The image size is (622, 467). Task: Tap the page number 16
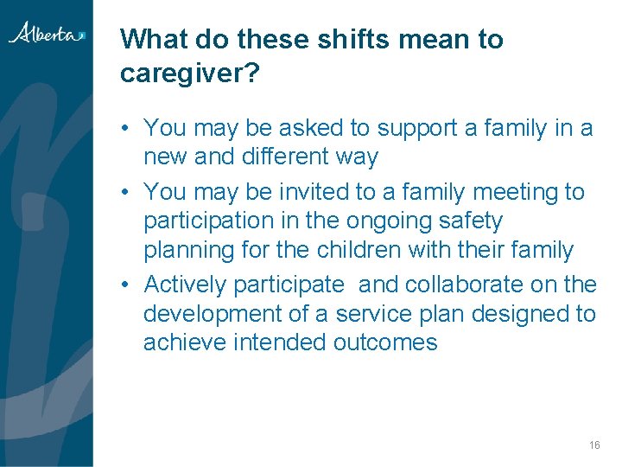pyautogui.click(x=593, y=445)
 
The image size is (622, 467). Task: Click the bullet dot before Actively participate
pyautogui.click(x=126, y=285)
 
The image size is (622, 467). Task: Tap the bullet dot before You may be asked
pyautogui.click(x=126, y=129)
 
